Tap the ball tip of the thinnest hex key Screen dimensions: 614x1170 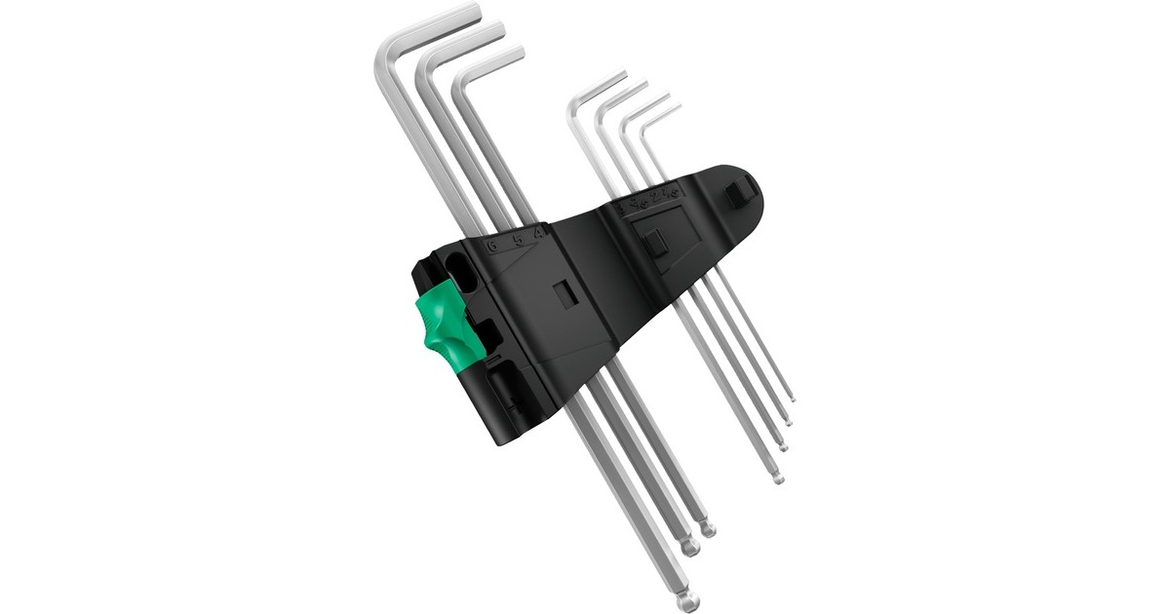[791, 398]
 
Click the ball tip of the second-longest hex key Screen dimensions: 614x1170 [690, 549]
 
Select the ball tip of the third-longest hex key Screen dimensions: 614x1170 [708, 530]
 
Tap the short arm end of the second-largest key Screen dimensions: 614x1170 [498, 29]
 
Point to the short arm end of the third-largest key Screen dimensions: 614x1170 [519, 52]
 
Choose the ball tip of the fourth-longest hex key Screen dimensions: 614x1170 [776, 479]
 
